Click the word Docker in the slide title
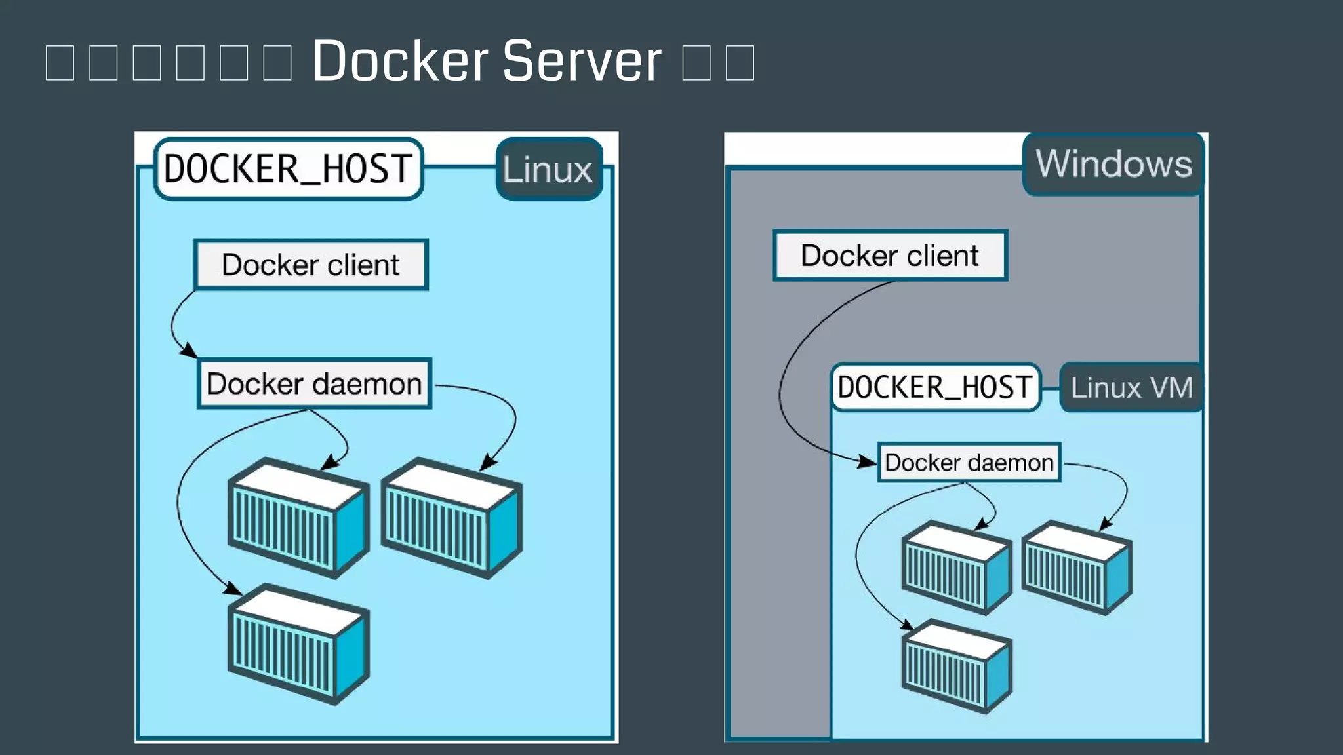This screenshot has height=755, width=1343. point(400,61)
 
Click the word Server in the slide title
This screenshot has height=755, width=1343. point(582,61)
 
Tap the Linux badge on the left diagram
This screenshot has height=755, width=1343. point(548,169)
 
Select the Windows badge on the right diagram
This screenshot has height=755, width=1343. point(1113,164)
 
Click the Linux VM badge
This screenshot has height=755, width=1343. point(1131,387)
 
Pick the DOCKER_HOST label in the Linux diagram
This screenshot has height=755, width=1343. point(289,169)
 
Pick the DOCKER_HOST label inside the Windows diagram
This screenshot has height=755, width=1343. point(935,387)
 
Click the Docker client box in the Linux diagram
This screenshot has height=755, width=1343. point(311,265)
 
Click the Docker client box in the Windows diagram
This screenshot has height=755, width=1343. point(890,256)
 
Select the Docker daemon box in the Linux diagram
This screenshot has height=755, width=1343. point(314,383)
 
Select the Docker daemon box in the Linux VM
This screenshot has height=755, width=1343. point(969,463)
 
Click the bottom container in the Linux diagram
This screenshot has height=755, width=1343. point(298,644)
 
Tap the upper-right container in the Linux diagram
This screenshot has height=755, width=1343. point(451,518)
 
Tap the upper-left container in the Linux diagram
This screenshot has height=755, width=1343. point(298,518)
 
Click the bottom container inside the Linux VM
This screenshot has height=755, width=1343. point(956,666)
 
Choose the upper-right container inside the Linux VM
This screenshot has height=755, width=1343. point(1076,568)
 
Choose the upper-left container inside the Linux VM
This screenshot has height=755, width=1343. point(956,568)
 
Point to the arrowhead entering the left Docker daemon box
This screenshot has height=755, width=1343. point(190,351)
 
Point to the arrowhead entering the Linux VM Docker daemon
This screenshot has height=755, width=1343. point(868,462)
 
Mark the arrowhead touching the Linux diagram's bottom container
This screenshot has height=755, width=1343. point(233,588)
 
